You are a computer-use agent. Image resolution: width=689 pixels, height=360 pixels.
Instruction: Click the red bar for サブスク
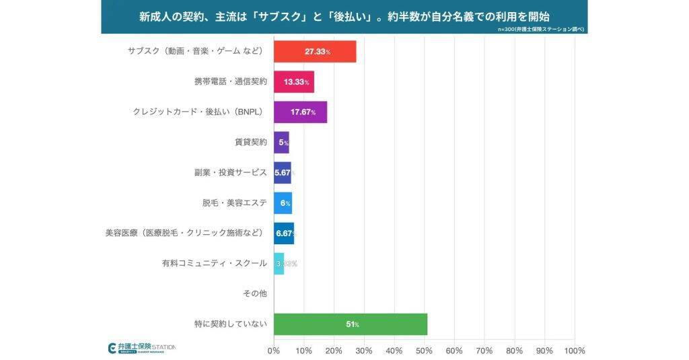(314, 52)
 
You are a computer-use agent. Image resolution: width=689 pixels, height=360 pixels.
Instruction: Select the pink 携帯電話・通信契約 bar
(293, 82)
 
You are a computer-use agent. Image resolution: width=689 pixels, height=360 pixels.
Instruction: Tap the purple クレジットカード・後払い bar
(300, 112)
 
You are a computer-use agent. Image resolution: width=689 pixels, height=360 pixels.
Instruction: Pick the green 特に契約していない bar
(350, 324)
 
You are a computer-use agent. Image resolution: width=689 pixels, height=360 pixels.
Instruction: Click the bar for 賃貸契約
(281, 143)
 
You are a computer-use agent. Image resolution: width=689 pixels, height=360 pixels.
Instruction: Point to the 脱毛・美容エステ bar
(283, 203)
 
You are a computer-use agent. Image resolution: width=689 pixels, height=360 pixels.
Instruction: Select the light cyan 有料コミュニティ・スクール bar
(279, 264)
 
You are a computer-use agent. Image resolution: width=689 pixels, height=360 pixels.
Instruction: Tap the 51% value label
(352, 324)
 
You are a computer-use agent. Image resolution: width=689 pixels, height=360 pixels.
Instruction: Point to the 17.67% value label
(303, 112)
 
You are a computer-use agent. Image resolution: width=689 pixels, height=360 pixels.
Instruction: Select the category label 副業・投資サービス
(230, 173)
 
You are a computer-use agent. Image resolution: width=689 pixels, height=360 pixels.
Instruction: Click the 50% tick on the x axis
(424, 351)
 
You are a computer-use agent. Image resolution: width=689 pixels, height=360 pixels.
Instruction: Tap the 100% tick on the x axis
(574, 351)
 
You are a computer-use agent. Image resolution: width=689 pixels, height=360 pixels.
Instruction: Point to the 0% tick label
(273, 351)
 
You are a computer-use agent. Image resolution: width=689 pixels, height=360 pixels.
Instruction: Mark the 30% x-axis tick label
(363, 351)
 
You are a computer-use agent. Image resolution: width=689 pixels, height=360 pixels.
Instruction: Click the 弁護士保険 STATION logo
(142, 348)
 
